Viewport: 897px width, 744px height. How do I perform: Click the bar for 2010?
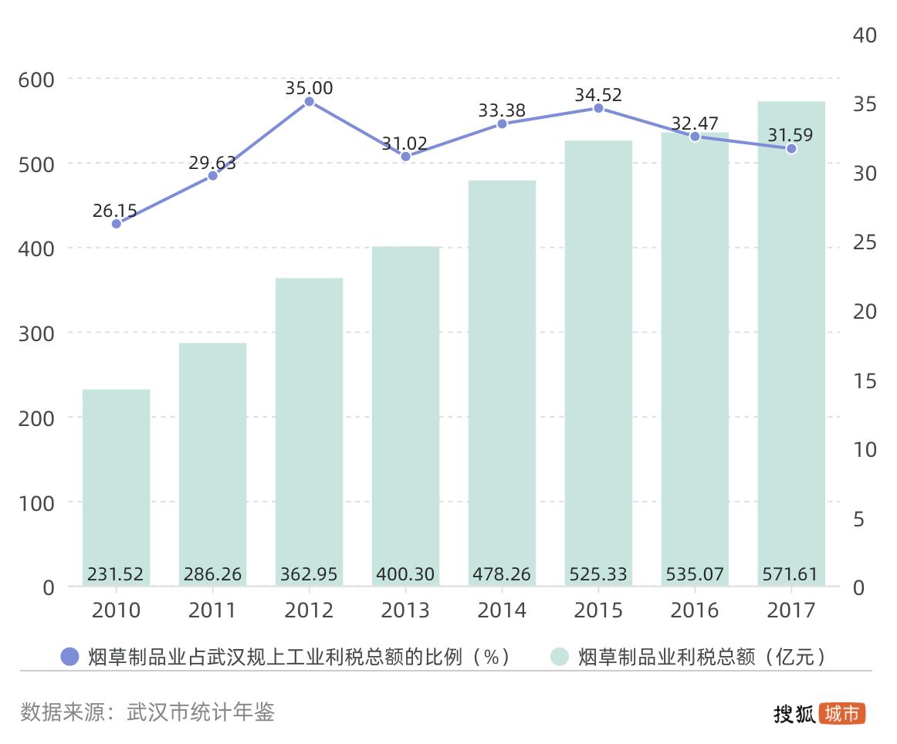tap(116, 486)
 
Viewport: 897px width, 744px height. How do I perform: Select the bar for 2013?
tap(405, 417)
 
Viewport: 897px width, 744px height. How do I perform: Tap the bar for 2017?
tap(791, 347)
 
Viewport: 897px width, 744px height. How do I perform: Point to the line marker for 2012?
tap(309, 101)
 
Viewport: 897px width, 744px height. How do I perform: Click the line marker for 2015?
tap(598, 108)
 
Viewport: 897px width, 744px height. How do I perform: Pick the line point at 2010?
tap(117, 224)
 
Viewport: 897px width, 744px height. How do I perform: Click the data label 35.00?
tap(309, 88)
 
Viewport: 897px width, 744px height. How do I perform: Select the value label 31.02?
tap(405, 143)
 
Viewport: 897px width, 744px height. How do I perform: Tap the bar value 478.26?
tap(502, 574)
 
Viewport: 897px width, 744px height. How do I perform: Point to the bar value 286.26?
tap(212, 574)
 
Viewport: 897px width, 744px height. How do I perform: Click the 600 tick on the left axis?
tap(36, 79)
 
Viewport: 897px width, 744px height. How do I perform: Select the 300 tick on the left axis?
tap(36, 333)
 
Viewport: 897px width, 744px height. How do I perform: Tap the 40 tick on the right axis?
tap(865, 36)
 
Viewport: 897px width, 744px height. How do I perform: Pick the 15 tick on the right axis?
tap(865, 380)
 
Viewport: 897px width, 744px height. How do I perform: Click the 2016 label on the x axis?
tap(695, 610)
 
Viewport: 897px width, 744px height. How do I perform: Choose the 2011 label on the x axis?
tap(212, 610)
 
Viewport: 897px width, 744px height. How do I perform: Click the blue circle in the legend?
tap(70, 657)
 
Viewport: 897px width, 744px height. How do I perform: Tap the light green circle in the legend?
tap(560, 657)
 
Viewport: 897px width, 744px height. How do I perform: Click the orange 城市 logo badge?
tap(842, 714)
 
